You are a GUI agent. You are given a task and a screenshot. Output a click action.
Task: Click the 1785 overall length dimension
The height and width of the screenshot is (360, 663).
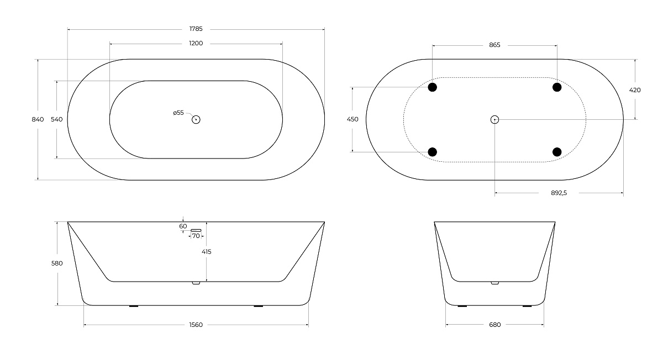pos(196,29)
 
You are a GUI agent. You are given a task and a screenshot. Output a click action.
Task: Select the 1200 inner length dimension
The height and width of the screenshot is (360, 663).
pos(196,44)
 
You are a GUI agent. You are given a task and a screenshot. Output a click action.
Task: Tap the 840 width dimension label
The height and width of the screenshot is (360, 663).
pos(38,119)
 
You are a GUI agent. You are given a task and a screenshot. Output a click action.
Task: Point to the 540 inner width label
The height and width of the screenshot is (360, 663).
pos(57,119)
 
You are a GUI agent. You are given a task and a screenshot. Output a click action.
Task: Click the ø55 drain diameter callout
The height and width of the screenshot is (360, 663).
pos(178,113)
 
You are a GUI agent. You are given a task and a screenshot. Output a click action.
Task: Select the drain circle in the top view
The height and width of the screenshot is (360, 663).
pos(196,119)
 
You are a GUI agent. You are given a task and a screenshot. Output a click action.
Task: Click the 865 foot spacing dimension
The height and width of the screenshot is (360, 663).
pos(494,45)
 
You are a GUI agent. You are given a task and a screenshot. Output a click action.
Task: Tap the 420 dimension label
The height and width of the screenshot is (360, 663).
pos(635,90)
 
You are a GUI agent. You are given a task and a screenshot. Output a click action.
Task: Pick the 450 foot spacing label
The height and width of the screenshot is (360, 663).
pos(352,119)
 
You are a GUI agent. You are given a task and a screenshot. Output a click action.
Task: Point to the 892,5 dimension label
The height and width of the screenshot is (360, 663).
pos(559,193)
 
